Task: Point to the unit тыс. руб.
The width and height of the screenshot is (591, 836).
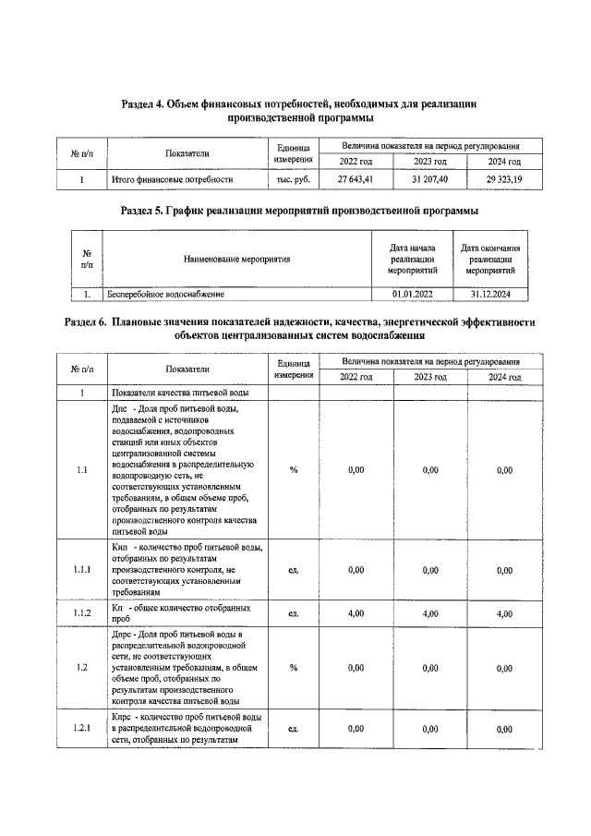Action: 293,179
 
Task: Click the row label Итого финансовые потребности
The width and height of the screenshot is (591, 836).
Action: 172,179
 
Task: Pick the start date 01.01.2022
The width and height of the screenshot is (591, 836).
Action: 411,294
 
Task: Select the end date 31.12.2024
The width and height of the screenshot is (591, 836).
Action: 489,294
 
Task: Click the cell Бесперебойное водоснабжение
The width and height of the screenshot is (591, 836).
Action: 166,294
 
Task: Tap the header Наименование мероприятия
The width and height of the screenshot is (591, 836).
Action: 236,260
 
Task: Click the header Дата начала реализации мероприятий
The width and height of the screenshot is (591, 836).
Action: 411,260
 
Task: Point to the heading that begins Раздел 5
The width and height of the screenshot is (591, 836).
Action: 299,211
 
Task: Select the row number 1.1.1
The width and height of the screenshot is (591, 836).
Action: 82,570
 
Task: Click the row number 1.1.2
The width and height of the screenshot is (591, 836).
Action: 82,612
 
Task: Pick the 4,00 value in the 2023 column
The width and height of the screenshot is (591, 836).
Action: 429,612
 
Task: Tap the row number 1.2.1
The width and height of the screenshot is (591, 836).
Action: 82,729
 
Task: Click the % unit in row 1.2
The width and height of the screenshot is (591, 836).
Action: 293,668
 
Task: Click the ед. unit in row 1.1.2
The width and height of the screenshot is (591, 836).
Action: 293,612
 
